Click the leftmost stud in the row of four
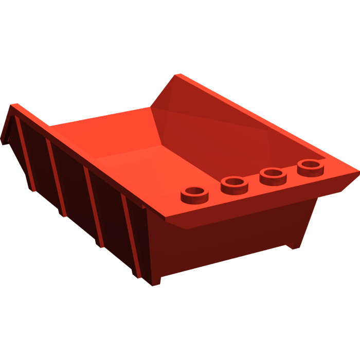[x=193, y=194]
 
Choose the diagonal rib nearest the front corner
[x=132, y=237]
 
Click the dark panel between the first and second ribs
[x=39, y=159]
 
